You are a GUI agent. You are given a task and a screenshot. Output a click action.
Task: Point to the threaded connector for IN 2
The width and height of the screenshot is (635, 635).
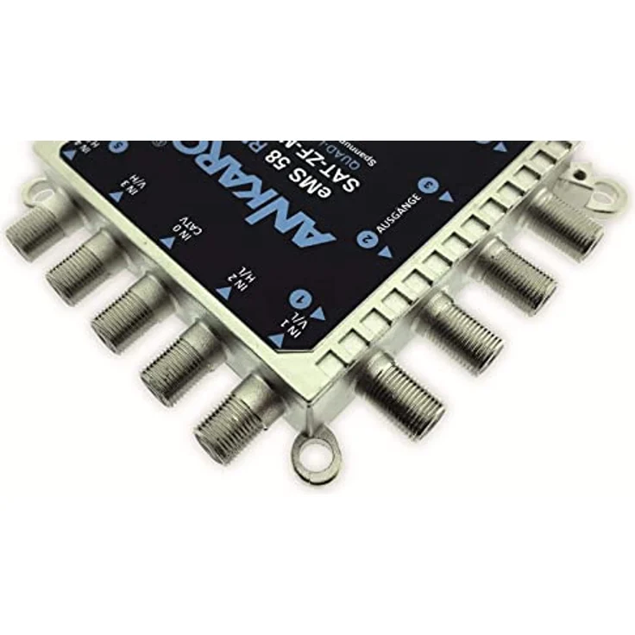click(x=177, y=362)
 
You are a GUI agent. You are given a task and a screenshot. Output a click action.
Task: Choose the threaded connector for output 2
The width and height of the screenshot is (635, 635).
click(x=466, y=332)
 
